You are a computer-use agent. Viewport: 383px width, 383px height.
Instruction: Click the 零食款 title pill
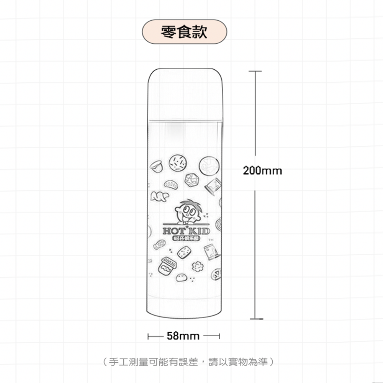coord(184,32)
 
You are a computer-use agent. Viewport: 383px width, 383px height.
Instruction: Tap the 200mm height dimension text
coord(262,170)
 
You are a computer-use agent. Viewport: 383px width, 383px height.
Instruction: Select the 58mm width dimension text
coord(183,336)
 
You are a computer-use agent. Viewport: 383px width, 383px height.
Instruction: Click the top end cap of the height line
coord(255,71)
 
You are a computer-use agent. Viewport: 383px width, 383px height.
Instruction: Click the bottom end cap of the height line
coord(256,319)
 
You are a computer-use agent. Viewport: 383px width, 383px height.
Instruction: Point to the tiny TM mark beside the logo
coord(209,241)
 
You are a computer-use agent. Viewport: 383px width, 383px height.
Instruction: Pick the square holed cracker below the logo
coord(184,252)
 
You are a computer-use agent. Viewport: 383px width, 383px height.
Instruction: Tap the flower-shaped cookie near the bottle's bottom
coord(198,265)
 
